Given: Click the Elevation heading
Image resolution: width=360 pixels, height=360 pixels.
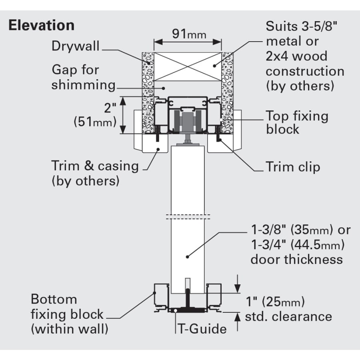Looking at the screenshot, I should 42,25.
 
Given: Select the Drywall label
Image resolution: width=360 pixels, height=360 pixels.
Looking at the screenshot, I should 76,46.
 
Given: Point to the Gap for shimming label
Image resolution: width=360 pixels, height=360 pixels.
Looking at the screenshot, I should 83,77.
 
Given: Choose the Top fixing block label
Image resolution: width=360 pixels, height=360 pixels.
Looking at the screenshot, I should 297,122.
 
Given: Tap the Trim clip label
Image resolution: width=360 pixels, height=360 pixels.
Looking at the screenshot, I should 293,166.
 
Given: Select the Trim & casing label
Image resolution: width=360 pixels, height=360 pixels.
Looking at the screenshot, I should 95,173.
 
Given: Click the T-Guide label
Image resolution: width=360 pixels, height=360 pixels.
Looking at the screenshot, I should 202,329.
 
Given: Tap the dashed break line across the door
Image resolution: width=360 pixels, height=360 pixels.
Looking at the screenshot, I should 188,217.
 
